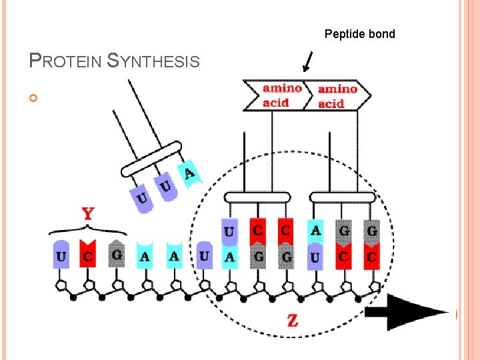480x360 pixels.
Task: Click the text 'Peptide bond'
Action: pyautogui.click(x=359, y=34)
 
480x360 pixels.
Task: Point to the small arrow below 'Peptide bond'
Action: pyautogui.click(x=307, y=63)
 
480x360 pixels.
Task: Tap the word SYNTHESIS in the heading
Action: pyautogui.click(x=154, y=61)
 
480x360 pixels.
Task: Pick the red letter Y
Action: pyautogui.click(x=87, y=215)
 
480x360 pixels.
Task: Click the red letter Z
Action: pyautogui.click(x=292, y=321)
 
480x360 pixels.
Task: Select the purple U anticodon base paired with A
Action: pyautogui.click(x=229, y=232)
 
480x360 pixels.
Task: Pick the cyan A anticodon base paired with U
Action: pyautogui.click(x=315, y=232)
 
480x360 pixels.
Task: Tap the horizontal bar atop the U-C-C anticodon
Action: pyautogui.click(x=257, y=197)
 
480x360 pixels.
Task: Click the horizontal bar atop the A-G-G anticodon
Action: pyautogui.click(x=343, y=197)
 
